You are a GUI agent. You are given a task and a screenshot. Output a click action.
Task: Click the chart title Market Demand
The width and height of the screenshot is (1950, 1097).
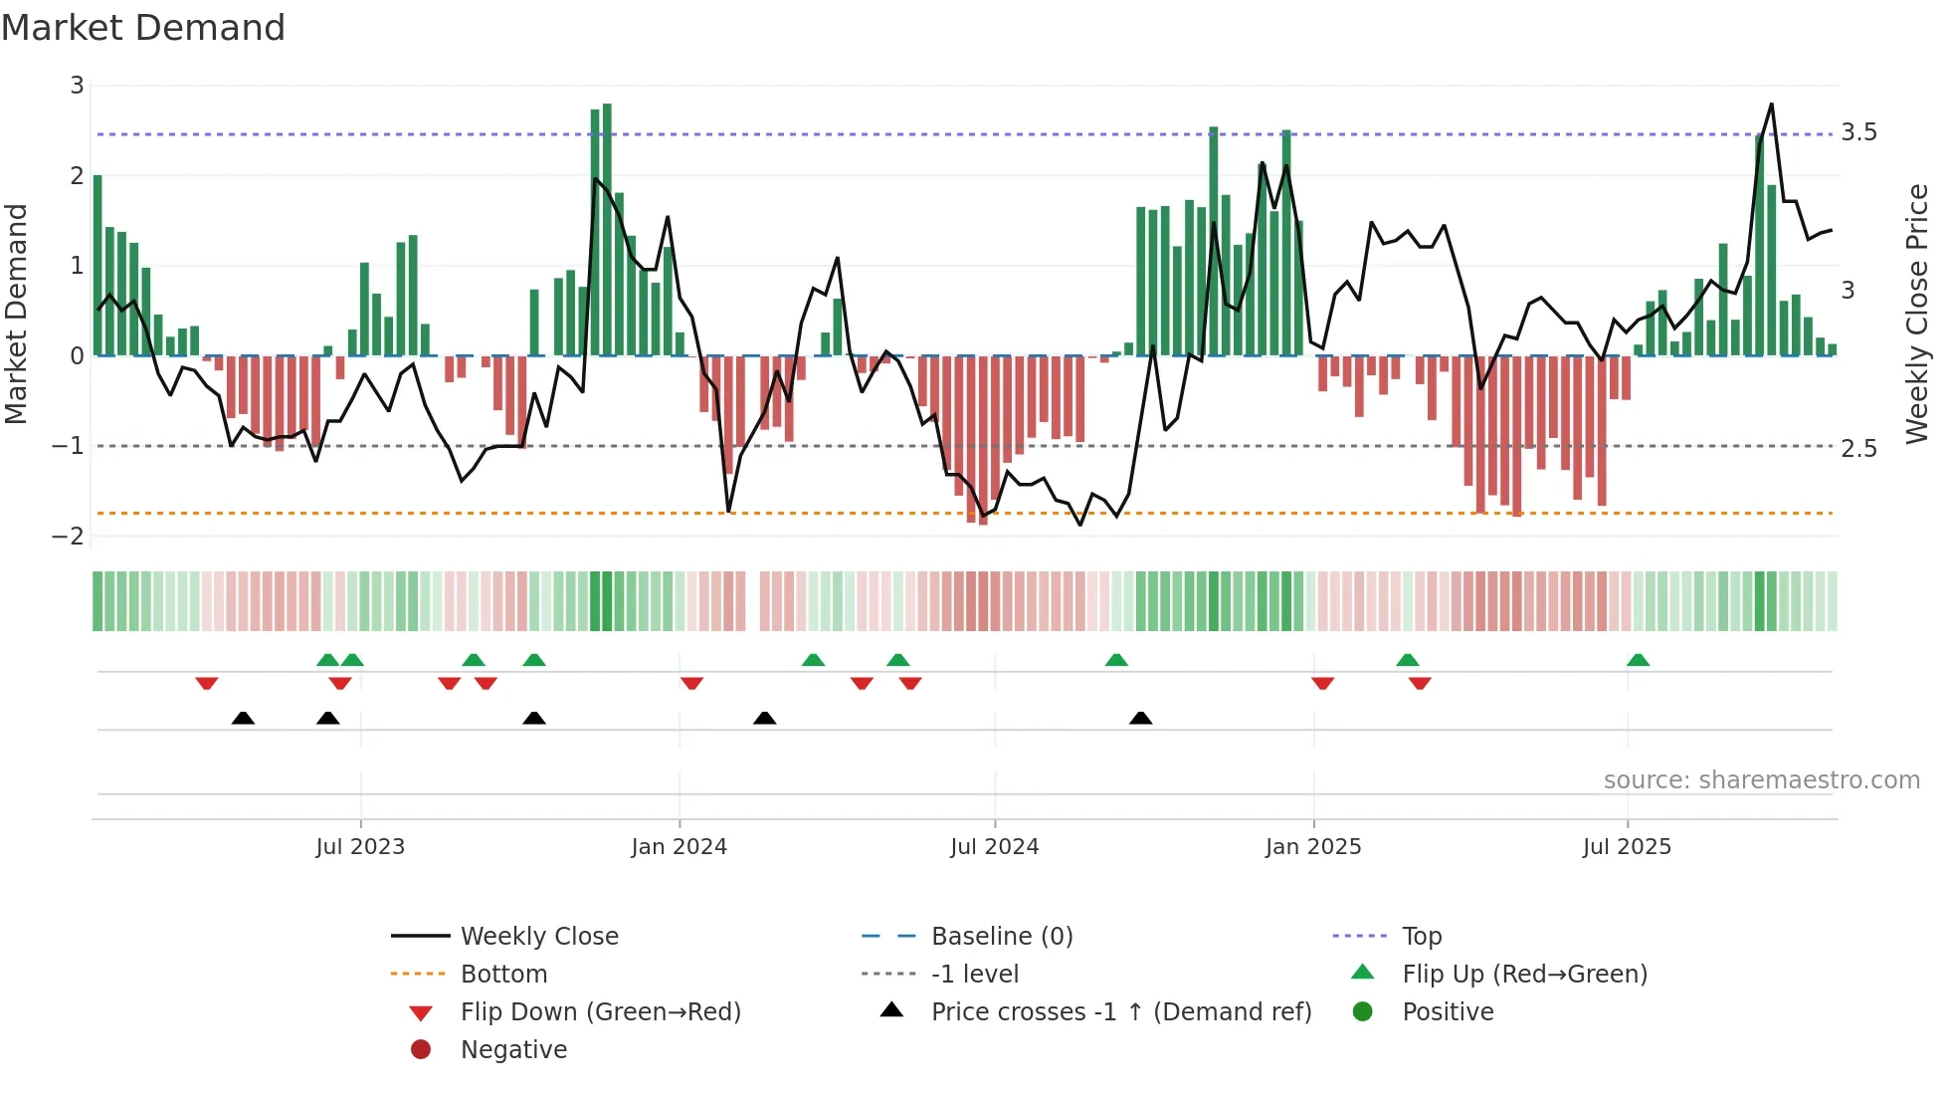143,28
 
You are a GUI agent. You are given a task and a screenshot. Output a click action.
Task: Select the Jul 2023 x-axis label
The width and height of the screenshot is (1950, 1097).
360,847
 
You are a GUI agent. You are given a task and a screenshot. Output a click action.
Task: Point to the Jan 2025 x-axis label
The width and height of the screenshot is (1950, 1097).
1313,847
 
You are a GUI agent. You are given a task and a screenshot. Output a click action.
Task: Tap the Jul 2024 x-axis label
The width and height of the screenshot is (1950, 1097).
994,847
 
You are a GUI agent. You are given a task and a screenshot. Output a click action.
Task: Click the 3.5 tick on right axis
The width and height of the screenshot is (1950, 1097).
1858,132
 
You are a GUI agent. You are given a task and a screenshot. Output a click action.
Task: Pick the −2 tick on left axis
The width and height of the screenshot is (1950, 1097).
69,536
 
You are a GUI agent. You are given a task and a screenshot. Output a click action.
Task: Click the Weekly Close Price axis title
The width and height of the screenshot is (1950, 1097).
1917,314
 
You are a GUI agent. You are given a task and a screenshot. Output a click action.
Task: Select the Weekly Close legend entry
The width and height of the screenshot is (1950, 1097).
538,937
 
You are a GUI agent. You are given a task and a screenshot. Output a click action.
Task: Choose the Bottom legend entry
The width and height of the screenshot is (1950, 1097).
503,975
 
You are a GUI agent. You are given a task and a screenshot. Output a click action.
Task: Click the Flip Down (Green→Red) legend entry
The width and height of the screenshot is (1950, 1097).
600,1012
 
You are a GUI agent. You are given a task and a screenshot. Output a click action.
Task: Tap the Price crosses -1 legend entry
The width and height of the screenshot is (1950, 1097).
1120,1012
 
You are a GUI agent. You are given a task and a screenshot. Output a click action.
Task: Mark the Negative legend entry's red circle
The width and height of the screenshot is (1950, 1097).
421,1050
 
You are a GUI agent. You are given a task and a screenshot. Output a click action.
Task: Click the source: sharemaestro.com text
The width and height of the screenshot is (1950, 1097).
1761,780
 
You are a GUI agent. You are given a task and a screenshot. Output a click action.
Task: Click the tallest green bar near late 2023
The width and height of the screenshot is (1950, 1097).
607,229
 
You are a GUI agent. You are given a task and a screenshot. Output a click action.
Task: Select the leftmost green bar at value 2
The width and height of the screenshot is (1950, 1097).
97,264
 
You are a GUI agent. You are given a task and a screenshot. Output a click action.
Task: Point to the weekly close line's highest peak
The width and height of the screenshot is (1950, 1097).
1771,105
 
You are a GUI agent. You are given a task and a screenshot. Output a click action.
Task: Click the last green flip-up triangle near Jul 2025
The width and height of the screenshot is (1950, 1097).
1638,660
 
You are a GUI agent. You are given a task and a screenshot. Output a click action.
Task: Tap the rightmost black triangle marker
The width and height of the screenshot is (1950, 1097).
1141,718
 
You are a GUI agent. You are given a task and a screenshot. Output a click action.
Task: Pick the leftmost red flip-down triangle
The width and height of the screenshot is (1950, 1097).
207,683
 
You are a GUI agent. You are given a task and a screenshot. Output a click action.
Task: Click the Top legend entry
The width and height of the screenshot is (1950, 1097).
1421,937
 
